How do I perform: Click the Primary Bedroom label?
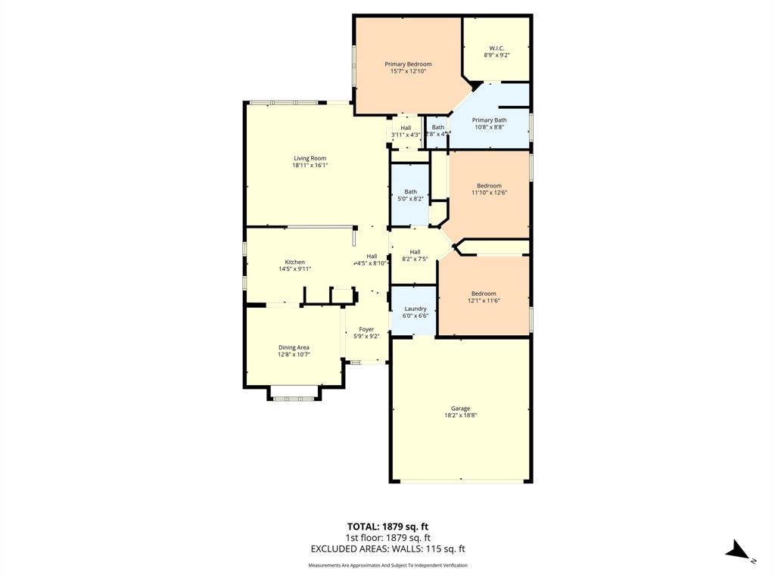(408, 64)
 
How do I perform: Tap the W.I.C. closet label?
(496, 48)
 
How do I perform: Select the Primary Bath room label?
(490, 120)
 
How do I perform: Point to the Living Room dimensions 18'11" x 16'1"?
(310, 166)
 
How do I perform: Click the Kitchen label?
(294, 262)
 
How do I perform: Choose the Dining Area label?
(294, 347)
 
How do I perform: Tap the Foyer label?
(366, 329)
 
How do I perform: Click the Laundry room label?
(415, 309)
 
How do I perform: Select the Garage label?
(460, 409)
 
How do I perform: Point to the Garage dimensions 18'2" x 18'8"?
(460, 415)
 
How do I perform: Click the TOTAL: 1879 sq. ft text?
(387, 527)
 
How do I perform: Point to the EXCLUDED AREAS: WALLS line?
(387, 549)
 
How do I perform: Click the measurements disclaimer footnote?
(387, 565)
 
